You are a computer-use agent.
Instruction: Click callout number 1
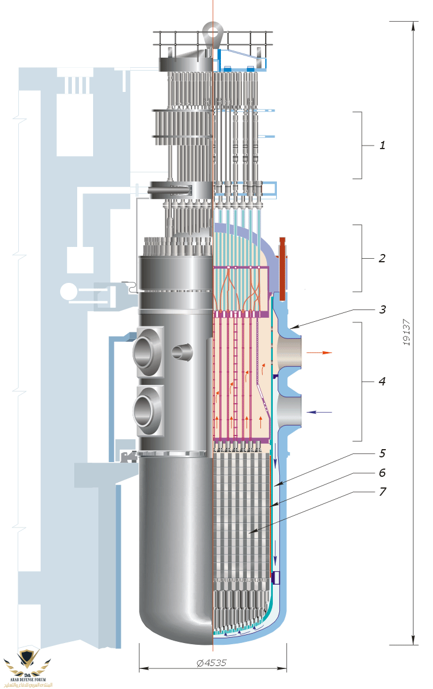[382, 145]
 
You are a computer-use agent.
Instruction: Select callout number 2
[382, 258]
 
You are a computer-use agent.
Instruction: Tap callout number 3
[382, 309]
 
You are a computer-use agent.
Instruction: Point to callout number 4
[382, 381]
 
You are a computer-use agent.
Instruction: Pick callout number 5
[382, 454]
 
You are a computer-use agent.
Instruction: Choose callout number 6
[382, 472]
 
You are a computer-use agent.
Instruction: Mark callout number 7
[382, 492]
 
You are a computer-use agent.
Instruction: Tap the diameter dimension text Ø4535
[211, 662]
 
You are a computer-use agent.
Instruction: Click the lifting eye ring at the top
[211, 29]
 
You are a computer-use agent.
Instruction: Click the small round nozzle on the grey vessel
[182, 352]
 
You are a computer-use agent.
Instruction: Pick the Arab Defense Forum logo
[27, 669]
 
